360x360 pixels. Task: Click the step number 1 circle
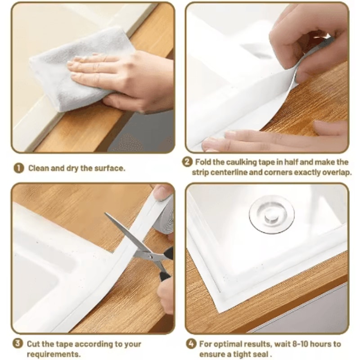18,168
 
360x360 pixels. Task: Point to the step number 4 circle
191,344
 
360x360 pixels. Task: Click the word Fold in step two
203,162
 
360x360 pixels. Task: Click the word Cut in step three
34,344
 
